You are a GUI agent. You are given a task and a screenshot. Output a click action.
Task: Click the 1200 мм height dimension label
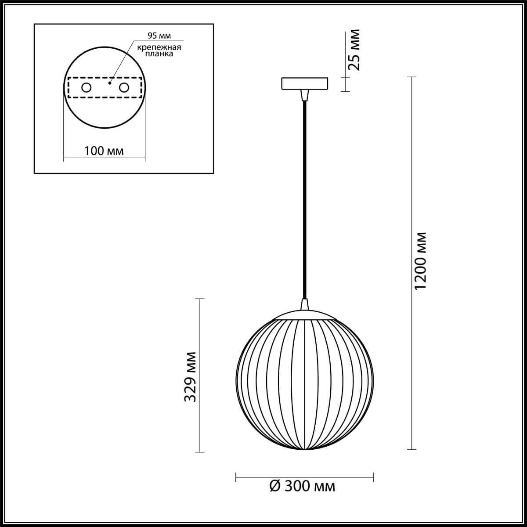point(420,261)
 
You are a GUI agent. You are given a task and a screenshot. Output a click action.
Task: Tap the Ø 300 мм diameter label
point(302,486)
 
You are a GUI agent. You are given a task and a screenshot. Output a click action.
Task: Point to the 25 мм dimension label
point(354,50)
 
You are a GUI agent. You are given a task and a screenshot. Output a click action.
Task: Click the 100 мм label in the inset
point(104,151)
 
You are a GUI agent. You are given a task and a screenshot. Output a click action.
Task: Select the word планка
point(157,54)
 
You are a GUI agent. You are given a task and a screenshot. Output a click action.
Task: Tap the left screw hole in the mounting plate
point(86,88)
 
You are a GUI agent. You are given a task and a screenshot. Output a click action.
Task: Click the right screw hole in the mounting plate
point(124,88)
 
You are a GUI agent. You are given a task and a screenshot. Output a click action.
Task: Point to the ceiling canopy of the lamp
point(304,83)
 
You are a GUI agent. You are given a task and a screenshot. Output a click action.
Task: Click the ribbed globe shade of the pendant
point(305,382)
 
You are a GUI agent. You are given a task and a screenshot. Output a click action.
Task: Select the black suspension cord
point(304,198)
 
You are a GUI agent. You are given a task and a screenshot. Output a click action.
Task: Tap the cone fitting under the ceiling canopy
point(304,95)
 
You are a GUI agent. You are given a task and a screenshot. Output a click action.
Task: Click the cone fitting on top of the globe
point(304,304)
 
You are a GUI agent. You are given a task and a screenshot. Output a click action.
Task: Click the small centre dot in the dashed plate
point(110,82)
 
